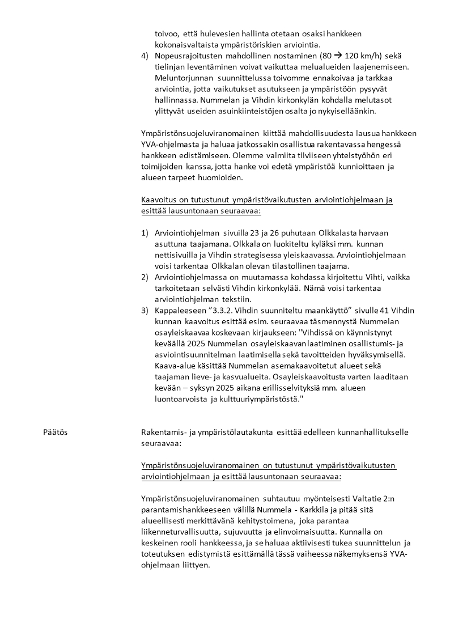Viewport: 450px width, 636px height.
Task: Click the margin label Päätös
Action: [55, 433]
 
